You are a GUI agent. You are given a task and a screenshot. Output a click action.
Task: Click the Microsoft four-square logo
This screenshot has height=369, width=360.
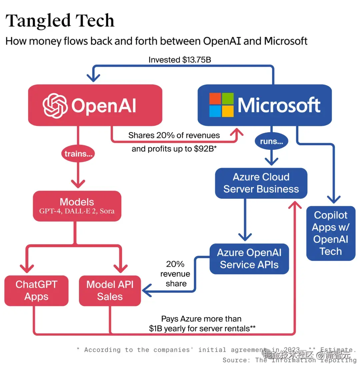tap(221, 105)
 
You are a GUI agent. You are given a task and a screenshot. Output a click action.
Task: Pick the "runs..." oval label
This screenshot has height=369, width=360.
tap(271, 142)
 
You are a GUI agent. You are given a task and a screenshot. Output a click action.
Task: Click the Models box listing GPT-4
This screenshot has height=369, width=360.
tap(77, 206)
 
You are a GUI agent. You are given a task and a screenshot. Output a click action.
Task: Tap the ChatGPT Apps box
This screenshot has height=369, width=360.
tap(36, 290)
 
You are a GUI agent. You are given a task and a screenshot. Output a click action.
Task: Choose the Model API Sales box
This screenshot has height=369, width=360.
tap(110, 290)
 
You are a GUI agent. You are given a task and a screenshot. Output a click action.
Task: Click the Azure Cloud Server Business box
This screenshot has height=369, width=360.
tap(261, 183)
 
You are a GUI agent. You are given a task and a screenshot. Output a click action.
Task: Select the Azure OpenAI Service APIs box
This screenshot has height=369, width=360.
tap(249, 259)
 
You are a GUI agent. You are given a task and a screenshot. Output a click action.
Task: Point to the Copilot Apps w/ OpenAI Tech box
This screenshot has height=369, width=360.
tap(330, 233)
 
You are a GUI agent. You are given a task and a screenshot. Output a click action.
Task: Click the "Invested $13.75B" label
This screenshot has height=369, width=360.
tap(179, 60)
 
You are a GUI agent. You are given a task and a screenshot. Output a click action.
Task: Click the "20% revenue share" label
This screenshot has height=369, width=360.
tap(175, 274)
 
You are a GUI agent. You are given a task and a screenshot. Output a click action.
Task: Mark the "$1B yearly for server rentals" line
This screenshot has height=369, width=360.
tap(202, 328)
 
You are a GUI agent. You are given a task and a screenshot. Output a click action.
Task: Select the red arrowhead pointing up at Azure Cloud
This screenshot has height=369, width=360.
tap(295, 204)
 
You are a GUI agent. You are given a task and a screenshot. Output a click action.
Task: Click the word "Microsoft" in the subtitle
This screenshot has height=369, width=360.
tap(286, 41)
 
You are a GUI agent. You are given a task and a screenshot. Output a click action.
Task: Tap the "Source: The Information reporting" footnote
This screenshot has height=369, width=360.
tap(289, 360)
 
